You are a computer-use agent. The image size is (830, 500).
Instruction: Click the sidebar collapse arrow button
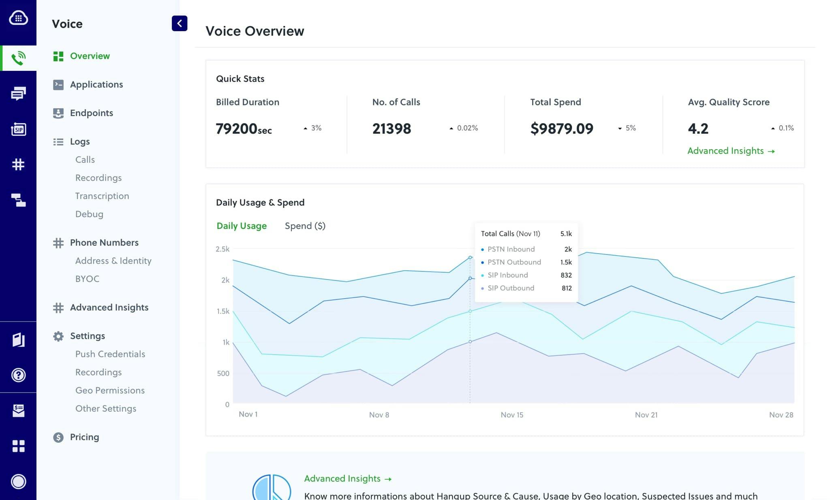tap(179, 24)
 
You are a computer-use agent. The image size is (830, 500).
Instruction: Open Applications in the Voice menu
tap(96, 84)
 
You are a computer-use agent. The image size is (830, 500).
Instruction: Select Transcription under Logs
tap(102, 196)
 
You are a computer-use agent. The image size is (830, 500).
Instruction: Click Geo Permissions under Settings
tap(110, 390)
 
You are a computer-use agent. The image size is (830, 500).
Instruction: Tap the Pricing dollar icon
tap(58, 437)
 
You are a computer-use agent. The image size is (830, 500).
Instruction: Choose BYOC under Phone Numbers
tap(87, 279)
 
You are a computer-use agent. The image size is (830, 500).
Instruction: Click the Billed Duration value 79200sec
tap(244, 129)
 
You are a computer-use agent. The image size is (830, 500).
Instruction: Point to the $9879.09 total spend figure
tap(561, 129)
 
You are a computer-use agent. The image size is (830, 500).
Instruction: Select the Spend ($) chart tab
tap(305, 226)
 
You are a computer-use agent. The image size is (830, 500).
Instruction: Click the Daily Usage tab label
tap(242, 226)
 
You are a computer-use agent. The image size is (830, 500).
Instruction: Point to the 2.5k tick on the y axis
tap(222, 249)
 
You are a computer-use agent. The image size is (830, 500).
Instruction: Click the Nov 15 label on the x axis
tap(511, 415)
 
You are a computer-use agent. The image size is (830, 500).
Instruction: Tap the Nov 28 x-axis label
tap(781, 415)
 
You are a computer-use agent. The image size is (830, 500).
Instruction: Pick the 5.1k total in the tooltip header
tap(566, 234)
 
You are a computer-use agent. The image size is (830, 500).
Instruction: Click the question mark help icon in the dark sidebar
tap(18, 375)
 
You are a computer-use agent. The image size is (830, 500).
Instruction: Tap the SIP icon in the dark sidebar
tap(18, 129)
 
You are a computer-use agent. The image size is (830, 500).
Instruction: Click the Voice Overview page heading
tap(255, 31)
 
